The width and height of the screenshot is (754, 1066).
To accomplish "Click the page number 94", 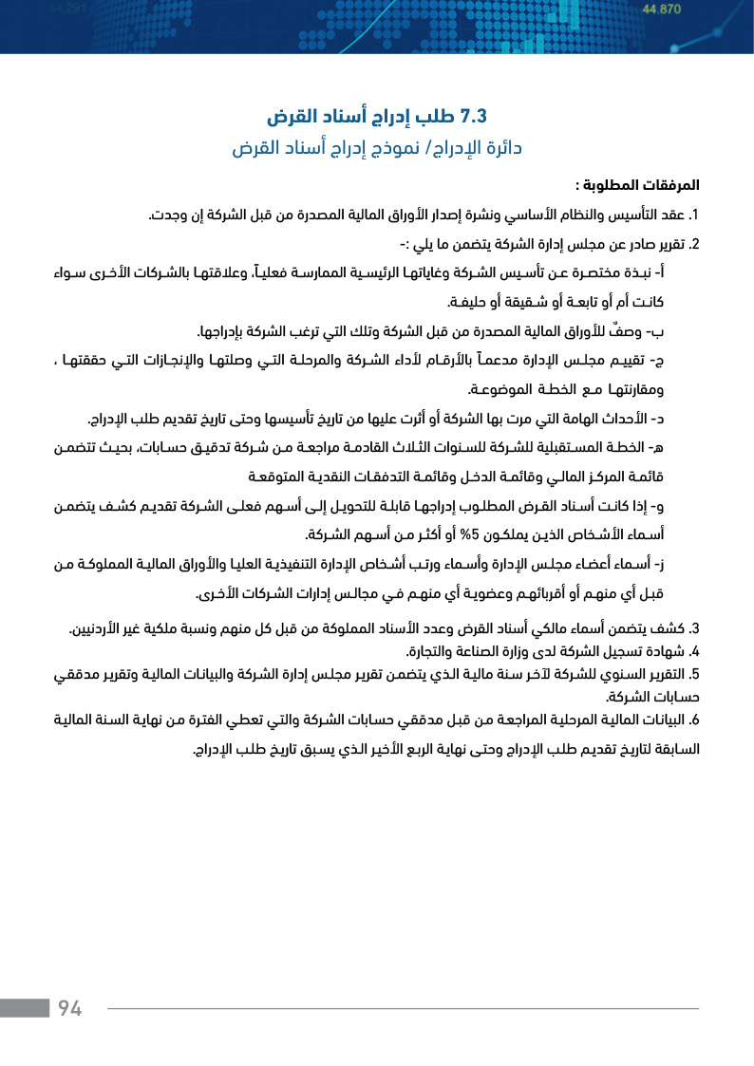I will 70,1008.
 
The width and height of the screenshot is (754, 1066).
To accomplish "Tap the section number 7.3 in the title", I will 472,117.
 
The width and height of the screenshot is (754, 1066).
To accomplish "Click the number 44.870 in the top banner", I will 662,9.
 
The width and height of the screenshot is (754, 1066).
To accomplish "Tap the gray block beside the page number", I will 24,1008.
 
